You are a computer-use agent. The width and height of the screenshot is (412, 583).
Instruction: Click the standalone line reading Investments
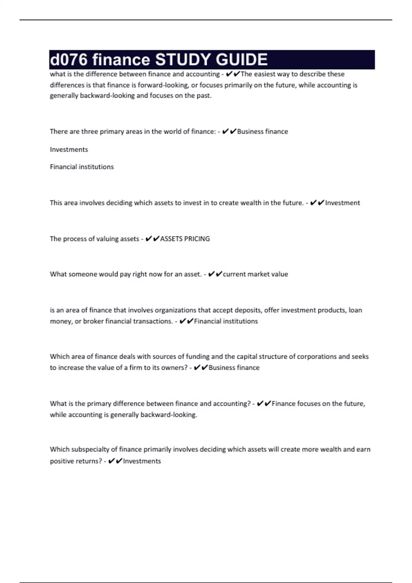(69, 150)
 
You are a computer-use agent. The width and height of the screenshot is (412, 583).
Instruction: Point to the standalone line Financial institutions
(82, 167)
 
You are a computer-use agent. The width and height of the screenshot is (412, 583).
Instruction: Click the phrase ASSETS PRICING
(185, 239)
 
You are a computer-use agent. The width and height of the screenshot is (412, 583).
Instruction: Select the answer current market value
(255, 274)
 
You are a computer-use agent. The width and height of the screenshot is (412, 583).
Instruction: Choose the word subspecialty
(89, 450)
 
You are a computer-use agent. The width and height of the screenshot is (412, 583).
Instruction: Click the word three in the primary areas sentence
(90, 132)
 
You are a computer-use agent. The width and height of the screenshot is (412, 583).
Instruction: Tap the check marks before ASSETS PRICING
(152, 239)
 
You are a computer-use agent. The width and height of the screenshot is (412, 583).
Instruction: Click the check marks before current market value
(215, 274)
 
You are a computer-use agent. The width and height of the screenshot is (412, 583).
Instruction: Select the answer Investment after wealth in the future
(342, 203)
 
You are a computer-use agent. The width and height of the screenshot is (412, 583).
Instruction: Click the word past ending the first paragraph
(205, 96)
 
